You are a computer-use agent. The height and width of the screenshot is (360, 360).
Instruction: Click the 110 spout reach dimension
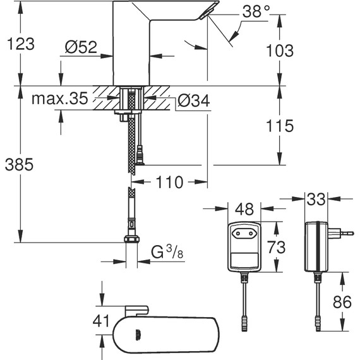tap(169, 183)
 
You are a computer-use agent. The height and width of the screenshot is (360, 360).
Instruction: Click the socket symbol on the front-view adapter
tap(244, 233)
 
